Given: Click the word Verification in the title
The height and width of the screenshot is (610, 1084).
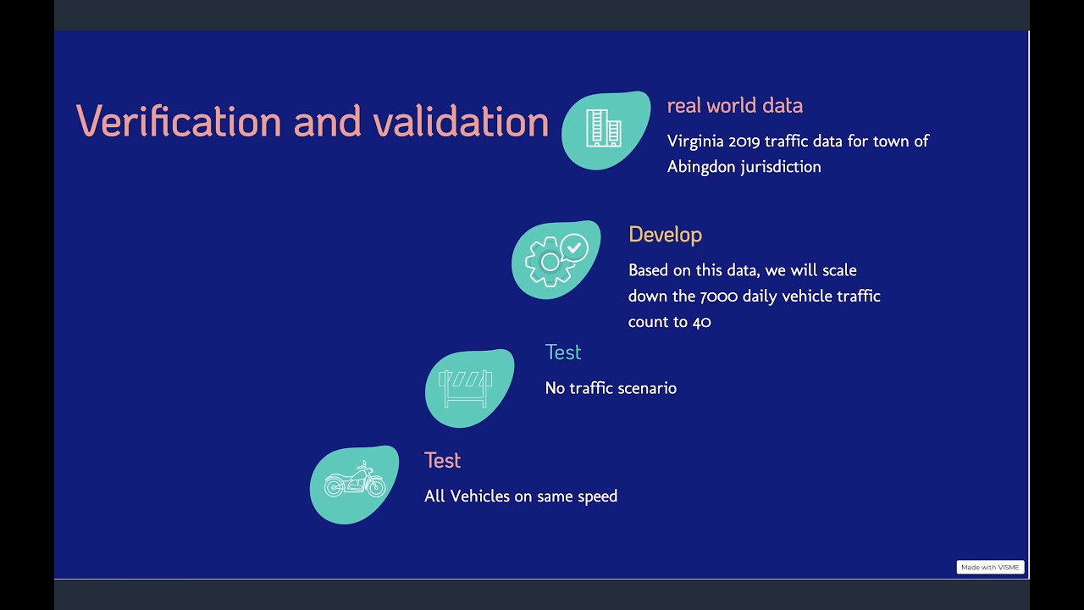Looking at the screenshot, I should (x=179, y=121).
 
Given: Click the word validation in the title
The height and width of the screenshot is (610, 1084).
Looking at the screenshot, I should (x=461, y=121).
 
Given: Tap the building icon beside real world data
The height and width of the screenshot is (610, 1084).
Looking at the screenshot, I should (x=604, y=129).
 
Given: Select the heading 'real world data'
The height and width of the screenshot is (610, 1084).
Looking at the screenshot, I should (x=734, y=106).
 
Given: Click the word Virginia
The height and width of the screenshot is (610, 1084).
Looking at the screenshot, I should (x=695, y=141).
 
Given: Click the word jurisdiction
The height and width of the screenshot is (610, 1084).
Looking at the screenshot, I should (x=781, y=167).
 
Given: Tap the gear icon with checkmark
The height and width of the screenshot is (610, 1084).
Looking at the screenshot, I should (x=556, y=259).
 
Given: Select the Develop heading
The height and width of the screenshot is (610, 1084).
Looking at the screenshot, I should (x=665, y=235).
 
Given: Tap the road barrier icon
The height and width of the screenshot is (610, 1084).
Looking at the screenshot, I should (x=465, y=388).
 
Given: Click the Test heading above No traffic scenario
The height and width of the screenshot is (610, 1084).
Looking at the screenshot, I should (x=563, y=352).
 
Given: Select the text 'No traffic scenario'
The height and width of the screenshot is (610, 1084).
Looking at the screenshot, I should (x=611, y=389).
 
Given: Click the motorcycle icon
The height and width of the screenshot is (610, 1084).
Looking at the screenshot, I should (x=355, y=484).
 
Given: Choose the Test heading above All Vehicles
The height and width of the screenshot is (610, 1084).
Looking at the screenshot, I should (x=442, y=461).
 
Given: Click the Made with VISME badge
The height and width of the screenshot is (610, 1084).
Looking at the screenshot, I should (x=990, y=568).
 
